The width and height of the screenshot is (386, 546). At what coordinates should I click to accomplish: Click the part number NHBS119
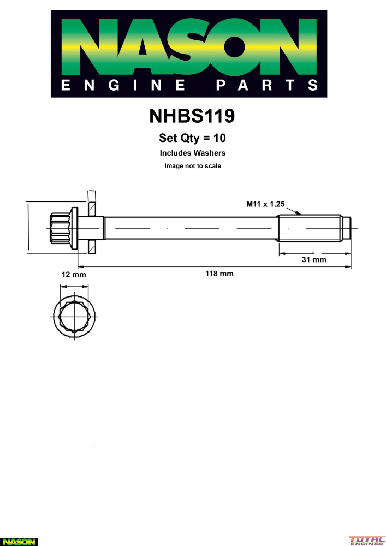coord(192,116)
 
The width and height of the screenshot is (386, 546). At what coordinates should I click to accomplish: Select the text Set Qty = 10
coord(193,138)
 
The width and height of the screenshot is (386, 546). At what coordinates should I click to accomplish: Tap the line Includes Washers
coord(193,153)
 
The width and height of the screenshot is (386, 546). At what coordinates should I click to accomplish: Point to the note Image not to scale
coord(193,166)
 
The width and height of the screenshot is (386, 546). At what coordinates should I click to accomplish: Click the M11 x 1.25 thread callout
coord(265,204)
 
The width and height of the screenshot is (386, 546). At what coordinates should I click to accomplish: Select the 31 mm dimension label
coord(314,259)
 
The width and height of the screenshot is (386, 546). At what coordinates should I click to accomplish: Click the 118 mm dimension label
coord(219,274)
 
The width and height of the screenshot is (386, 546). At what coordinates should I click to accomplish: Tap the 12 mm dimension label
coord(74,275)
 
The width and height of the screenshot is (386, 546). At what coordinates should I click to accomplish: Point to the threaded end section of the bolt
coord(314,228)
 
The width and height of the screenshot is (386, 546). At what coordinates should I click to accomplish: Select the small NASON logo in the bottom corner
coord(19,542)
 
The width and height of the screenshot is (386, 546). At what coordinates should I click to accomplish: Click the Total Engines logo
coord(366,540)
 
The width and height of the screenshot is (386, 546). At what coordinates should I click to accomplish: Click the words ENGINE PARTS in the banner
coord(189,85)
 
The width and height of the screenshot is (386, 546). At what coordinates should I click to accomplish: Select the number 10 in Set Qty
coord(219,138)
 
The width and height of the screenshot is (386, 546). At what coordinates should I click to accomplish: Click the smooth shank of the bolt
coord(191,228)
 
